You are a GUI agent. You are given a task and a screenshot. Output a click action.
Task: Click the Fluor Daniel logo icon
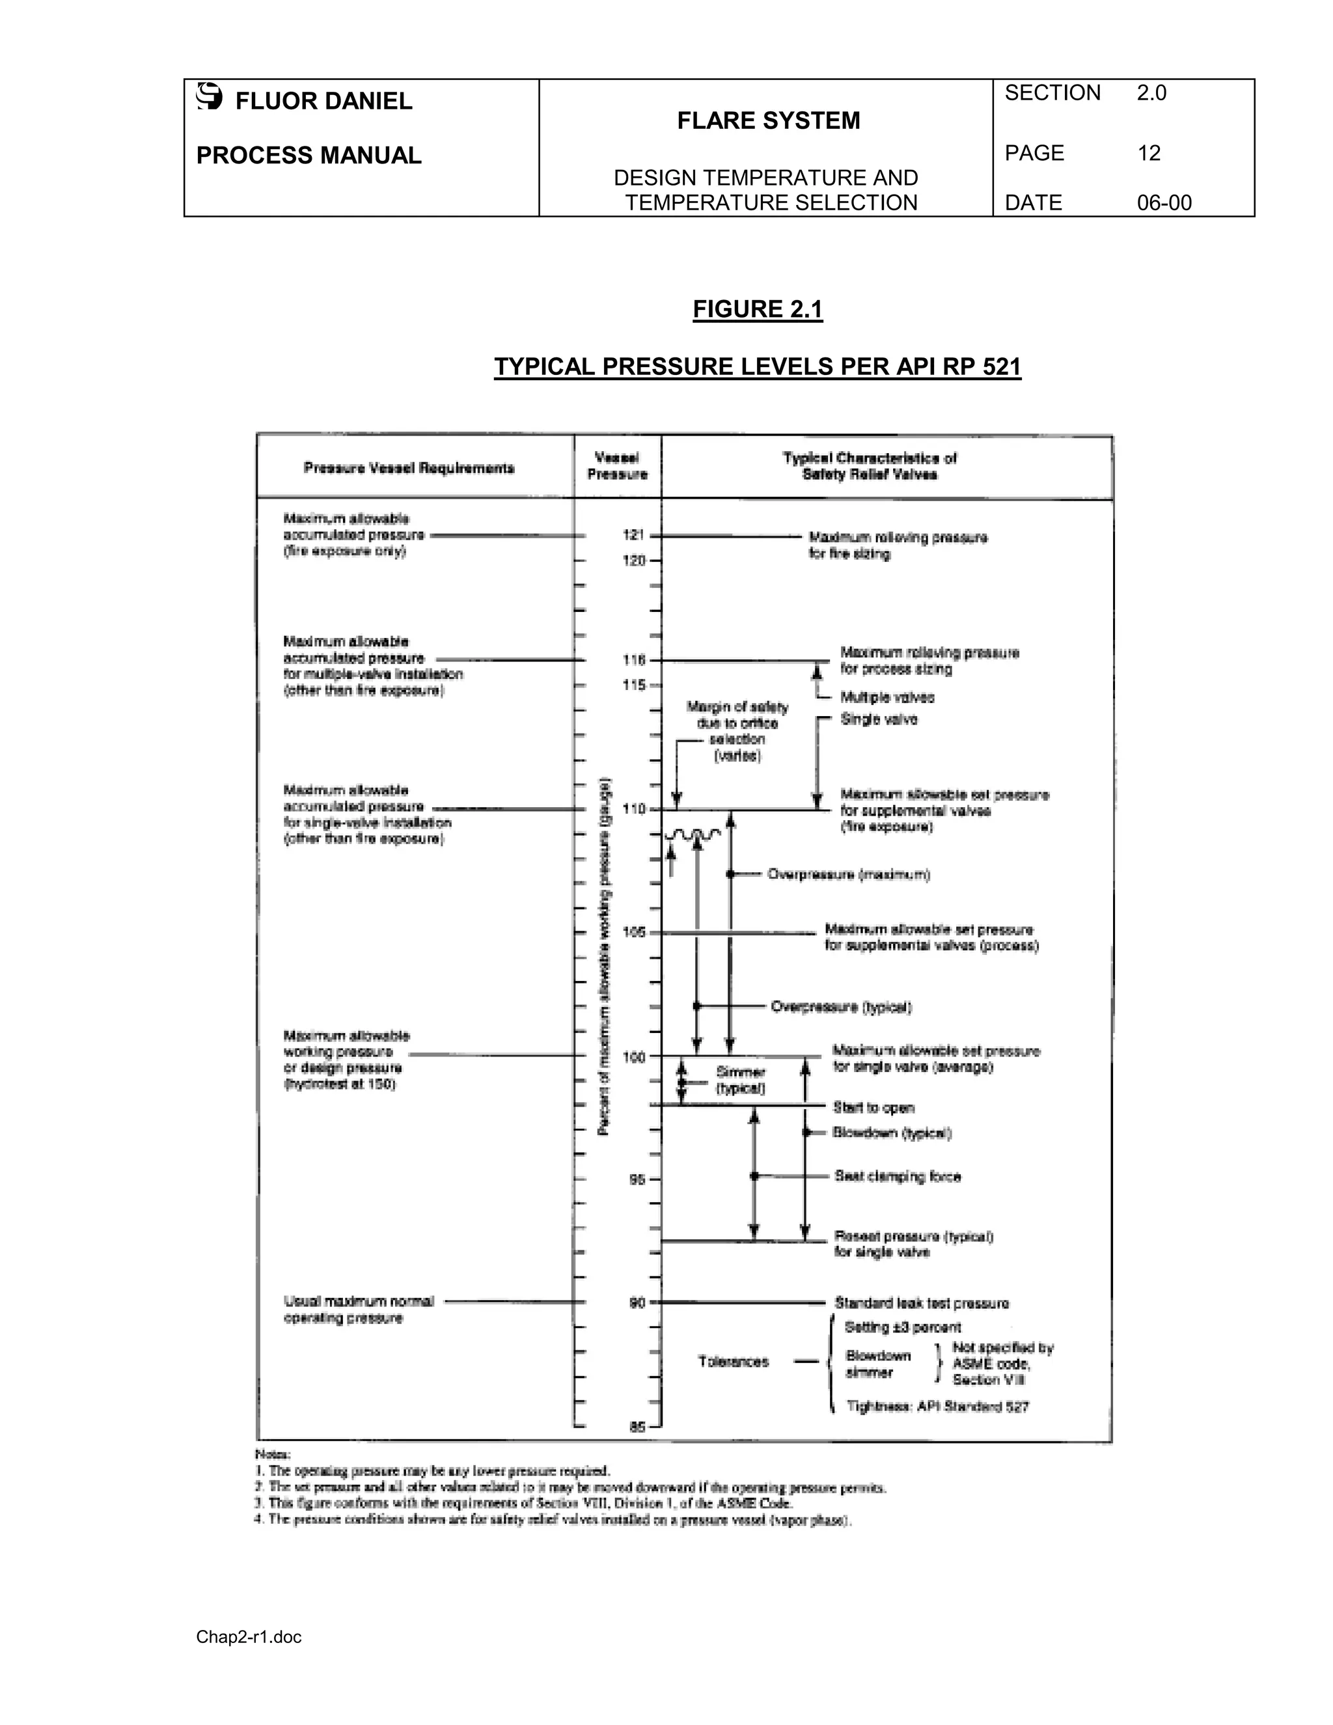click(x=210, y=96)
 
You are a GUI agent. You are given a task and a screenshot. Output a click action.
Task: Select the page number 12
click(x=1148, y=153)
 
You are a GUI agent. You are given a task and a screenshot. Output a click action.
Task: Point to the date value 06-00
click(x=1164, y=203)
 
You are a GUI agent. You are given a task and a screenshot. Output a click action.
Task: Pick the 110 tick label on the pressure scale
click(x=634, y=808)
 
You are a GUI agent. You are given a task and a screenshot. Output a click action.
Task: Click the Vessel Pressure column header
click(x=618, y=466)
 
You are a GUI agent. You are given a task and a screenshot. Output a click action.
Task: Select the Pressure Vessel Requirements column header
click(x=408, y=469)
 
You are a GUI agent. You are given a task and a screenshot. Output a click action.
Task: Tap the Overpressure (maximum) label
click(x=848, y=874)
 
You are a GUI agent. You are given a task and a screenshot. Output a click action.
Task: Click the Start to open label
click(x=873, y=1108)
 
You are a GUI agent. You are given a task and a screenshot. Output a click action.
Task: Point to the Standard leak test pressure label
click(x=922, y=1303)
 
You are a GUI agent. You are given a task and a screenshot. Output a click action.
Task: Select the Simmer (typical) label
click(x=740, y=1080)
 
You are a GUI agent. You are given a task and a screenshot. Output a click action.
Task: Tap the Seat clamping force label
click(x=898, y=1177)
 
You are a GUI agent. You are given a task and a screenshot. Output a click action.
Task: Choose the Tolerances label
click(x=733, y=1362)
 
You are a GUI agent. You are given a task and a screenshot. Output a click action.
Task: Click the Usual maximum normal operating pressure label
click(x=359, y=1310)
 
